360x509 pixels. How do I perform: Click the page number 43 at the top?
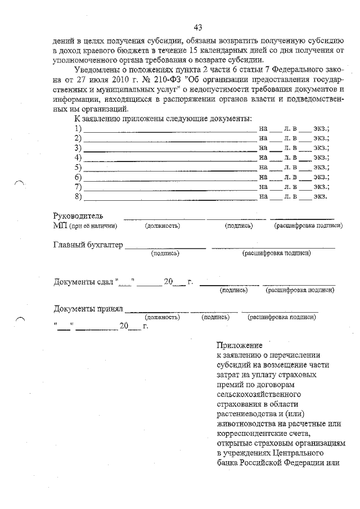(x=197, y=27)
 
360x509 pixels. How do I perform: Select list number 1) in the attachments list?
(x=78, y=129)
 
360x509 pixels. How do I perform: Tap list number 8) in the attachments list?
(x=78, y=196)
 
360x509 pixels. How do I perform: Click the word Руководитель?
(x=78, y=215)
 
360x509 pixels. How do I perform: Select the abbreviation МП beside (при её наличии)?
(x=60, y=226)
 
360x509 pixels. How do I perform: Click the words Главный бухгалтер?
(x=88, y=245)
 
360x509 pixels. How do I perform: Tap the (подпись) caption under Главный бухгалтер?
(x=165, y=254)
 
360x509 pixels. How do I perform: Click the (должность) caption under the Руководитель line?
(x=163, y=226)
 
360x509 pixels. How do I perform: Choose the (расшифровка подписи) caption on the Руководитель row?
(x=308, y=226)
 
